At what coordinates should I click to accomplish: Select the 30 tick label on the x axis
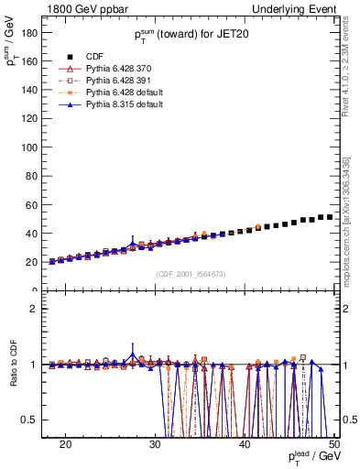[x=155, y=444]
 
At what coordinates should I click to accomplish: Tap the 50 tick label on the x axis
[x=333, y=444]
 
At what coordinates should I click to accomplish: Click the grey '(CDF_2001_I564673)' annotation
[x=190, y=274]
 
